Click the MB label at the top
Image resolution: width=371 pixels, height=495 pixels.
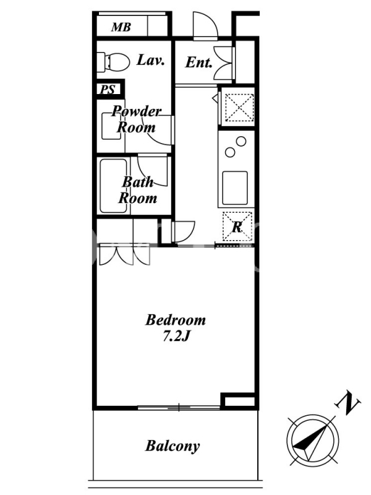(x=121, y=27)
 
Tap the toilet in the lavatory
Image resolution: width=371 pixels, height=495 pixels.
(x=113, y=61)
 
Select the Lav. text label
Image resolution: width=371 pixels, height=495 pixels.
(x=150, y=60)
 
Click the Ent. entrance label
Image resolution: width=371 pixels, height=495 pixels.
(x=198, y=62)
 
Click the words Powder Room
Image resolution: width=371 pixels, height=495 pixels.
(x=136, y=119)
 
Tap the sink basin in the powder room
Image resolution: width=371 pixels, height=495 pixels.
(x=111, y=126)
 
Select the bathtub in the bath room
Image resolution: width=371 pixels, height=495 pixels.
(x=114, y=186)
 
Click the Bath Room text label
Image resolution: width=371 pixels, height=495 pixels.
(x=137, y=190)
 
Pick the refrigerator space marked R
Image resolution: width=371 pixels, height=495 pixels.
(x=237, y=226)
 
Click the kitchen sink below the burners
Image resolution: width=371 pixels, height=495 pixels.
(x=235, y=188)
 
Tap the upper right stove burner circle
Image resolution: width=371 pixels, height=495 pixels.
(x=241, y=141)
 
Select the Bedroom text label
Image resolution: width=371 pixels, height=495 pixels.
(x=176, y=320)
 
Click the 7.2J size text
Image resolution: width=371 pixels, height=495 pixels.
(x=176, y=337)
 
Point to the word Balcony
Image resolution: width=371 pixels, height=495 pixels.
(x=173, y=446)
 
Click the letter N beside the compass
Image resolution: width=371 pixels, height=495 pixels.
(x=349, y=403)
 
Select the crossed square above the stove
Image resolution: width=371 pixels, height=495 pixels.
(x=240, y=107)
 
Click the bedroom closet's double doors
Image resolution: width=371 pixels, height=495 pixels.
(x=125, y=255)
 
